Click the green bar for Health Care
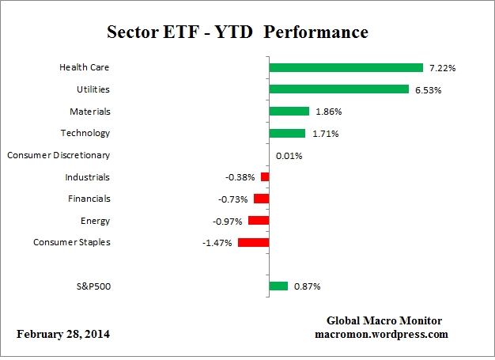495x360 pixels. pyautogui.click(x=346, y=68)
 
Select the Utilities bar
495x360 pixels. pyautogui.click(x=338, y=89)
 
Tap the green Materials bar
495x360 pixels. pyautogui.click(x=289, y=112)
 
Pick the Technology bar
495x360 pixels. pyautogui.click(x=287, y=133)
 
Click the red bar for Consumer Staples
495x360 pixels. pyautogui.click(x=253, y=243)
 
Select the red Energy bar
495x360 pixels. pyautogui.click(x=259, y=221)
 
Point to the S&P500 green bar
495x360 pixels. pyautogui.click(x=278, y=286)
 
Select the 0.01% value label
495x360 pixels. pyautogui.click(x=288, y=156)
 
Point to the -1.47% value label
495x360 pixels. pyautogui.click(x=217, y=243)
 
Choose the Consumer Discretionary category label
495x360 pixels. pyautogui.click(x=59, y=155)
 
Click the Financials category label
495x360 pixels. pyautogui.click(x=89, y=199)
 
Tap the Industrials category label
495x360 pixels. pyautogui.click(x=88, y=177)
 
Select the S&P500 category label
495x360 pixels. pyautogui.click(x=93, y=286)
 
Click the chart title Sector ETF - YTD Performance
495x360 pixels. pyautogui.click(x=237, y=32)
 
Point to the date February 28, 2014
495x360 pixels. pyautogui.click(x=64, y=334)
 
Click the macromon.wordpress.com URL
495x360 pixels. pyautogui.click(x=382, y=334)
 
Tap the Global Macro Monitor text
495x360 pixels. pyautogui.click(x=384, y=320)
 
